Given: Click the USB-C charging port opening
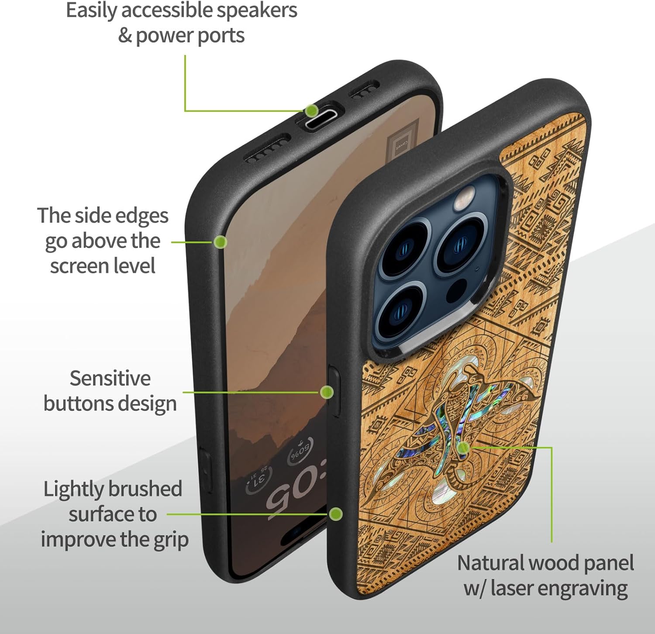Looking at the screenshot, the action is click(x=321, y=120).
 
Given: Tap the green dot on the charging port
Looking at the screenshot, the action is click(x=311, y=110).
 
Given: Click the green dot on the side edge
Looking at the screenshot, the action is click(x=221, y=242).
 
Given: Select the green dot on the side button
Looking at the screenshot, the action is click(x=327, y=392).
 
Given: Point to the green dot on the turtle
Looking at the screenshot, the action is click(x=464, y=447).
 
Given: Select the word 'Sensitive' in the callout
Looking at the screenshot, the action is click(x=110, y=379).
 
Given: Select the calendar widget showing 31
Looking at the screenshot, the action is click(x=259, y=479).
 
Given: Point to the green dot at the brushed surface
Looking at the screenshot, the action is click(x=335, y=514).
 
